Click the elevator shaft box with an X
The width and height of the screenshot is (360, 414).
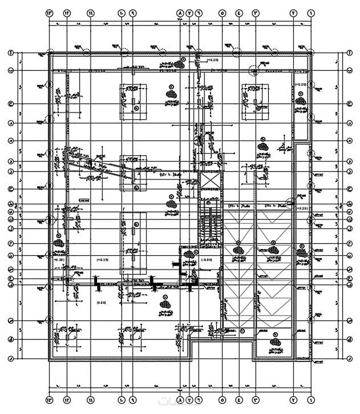pos(210,181)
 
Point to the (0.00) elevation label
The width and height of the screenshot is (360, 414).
pos(101,302)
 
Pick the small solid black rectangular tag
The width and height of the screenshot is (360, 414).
pos(84,201)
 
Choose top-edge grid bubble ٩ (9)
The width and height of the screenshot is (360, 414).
pos(133,13)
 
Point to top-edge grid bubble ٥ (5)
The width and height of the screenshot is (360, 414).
pos(222,13)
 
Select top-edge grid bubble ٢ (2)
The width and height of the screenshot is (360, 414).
pos(294,13)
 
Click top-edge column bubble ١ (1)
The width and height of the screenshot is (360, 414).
pos(310,13)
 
